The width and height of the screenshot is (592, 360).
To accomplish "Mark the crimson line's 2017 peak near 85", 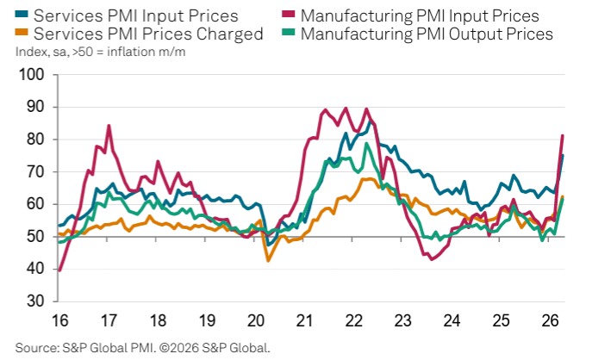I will point(109,126).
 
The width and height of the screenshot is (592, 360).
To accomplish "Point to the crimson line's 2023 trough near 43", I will point(432,259).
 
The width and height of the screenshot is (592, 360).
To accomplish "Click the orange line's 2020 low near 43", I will point(268,260).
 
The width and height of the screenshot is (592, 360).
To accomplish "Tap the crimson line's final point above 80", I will point(563,135).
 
